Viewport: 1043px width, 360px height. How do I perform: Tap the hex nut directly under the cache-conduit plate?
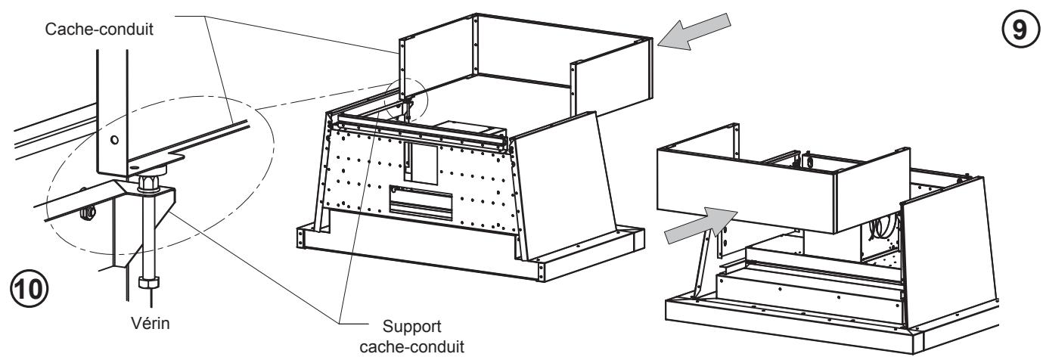coord(149,182)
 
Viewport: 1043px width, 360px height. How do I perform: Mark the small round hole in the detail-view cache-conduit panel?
coord(114,141)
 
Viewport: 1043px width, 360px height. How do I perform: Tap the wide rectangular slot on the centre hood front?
coord(421,200)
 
